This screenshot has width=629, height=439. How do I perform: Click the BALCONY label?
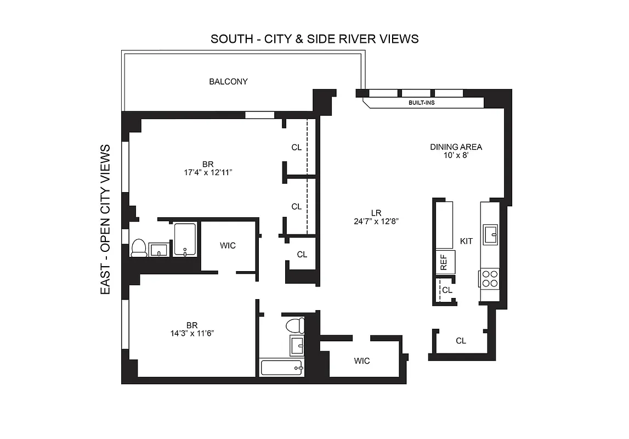(x=228, y=82)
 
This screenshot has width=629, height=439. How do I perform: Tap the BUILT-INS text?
(x=422, y=103)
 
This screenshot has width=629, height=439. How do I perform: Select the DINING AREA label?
(x=456, y=147)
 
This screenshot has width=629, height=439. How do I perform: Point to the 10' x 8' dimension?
(x=456, y=155)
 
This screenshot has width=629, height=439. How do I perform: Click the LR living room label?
(x=376, y=213)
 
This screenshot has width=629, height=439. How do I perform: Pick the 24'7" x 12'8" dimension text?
(x=376, y=222)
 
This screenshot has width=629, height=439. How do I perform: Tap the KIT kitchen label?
(x=466, y=241)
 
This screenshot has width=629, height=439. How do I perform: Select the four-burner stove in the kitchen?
(x=490, y=279)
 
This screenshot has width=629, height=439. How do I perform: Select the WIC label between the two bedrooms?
(x=228, y=246)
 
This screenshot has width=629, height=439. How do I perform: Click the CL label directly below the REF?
(x=447, y=290)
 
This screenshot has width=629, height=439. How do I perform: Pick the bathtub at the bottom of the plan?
(x=282, y=367)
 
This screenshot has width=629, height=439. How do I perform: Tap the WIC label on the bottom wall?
(x=362, y=361)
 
